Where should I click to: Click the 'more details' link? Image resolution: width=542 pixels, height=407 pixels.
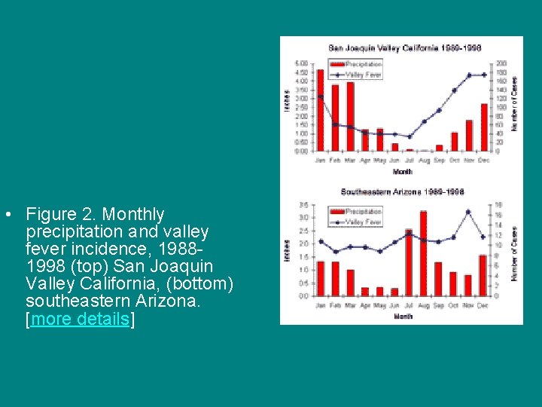click(80, 319)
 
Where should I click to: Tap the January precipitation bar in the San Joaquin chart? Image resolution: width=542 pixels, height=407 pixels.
click(321, 111)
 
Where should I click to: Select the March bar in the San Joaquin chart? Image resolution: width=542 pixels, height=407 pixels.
click(350, 117)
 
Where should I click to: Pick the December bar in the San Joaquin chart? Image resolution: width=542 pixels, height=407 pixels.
click(484, 127)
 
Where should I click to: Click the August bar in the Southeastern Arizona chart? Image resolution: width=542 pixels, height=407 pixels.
click(423, 254)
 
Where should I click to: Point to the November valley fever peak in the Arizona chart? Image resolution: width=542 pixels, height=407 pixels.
click(468, 212)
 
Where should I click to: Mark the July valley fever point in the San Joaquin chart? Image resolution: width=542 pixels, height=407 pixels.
click(410, 136)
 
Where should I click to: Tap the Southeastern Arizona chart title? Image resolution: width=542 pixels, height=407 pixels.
click(402, 192)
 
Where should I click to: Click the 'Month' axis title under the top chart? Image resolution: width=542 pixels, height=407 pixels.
click(402, 172)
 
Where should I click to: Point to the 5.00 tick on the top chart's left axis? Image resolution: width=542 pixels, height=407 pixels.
click(300, 63)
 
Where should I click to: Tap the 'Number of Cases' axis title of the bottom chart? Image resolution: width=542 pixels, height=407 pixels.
click(515, 254)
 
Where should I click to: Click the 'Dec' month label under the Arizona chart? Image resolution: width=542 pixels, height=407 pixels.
click(483, 305)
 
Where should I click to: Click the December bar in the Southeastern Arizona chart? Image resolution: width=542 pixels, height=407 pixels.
click(483, 276)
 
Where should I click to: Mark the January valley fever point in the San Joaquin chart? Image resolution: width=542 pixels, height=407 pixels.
click(321, 96)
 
